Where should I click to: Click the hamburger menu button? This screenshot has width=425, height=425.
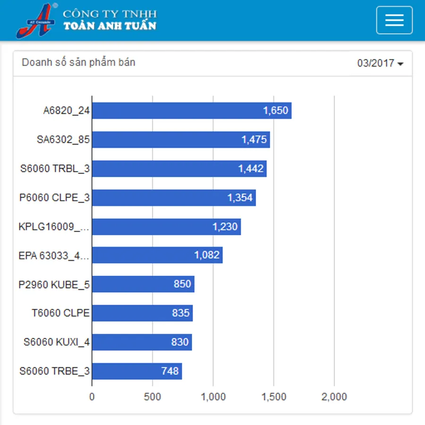pyautogui.click(x=394, y=20)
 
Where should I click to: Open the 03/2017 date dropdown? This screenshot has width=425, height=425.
pyautogui.click(x=380, y=63)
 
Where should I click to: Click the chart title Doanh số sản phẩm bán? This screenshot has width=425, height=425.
pyautogui.click(x=78, y=62)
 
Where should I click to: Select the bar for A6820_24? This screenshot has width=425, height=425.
pyautogui.click(x=191, y=110)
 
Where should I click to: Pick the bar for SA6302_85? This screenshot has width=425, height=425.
pyautogui.click(x=180, y=140)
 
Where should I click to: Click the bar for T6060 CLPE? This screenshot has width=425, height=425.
pyautogui.click(x=142, y=313)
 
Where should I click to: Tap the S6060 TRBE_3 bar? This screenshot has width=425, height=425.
pyautogui.click(x=136, y=371)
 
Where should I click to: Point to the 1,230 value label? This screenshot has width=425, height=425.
pyautogui.click(x=225, y=227)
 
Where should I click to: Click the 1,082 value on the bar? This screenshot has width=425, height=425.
pyautogui.click(x=207, y=255)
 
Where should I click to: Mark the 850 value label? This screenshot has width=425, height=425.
pyautogui.click(x=182, y=284)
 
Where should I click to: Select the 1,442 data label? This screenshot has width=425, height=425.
pyautogui.click(x=251, y=169)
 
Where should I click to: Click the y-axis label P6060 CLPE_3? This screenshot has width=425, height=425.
pyautogui.click(x=54, y=198)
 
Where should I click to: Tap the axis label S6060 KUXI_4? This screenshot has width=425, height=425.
pyautogui.click(x=57, y=342)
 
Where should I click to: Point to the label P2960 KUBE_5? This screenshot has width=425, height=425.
pyautogui.click(x=54, y=285)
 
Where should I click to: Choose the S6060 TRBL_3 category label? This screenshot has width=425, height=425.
pyautogui.click(x=55, y=169)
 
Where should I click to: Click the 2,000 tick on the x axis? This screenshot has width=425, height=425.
pyautogui.click(x=334, y=397)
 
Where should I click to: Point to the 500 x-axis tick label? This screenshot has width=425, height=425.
pyautogui.click(x=152, y=397)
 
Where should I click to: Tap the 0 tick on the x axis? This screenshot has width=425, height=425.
pyautogui.click(x=92, y=397)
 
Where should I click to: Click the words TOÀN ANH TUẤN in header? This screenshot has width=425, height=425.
pyautogui.click(x=110, y=26)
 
